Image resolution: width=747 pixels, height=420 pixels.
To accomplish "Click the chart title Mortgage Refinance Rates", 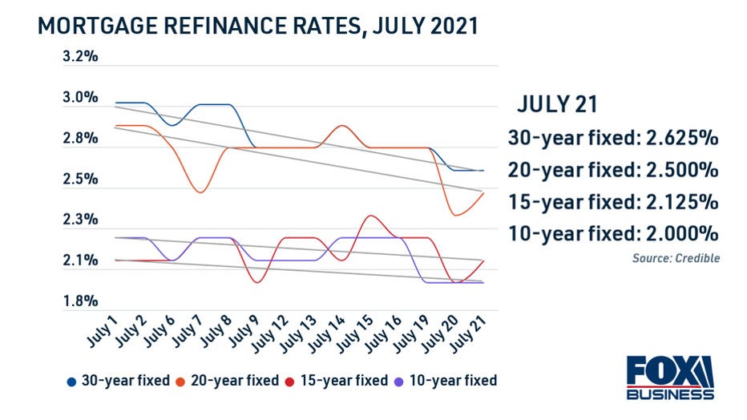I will pos(258,26).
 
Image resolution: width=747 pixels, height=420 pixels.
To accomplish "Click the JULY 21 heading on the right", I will pos(556,105).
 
